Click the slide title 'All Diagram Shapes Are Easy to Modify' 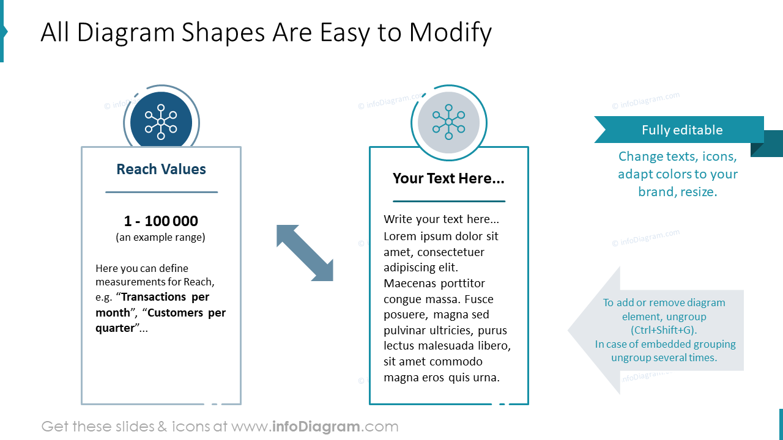[266, 32]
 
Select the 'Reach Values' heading [161, 169]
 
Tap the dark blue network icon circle [161, 122]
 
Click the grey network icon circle [448, 122]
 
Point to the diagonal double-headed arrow [305, 253]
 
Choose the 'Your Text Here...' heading [448, 178]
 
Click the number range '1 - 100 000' [161, 221]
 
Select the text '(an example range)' [161, 237]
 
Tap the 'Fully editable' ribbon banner [681, 130]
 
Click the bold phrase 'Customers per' [186, 313]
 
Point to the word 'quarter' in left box [114, 328]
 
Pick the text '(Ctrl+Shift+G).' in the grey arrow [664, 330]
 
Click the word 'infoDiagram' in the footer [316, 427]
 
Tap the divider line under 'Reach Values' [161, 192]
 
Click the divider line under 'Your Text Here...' [448, 201]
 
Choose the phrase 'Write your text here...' [441, 219]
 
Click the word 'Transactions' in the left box [153, 297]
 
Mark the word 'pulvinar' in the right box [406, 331]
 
